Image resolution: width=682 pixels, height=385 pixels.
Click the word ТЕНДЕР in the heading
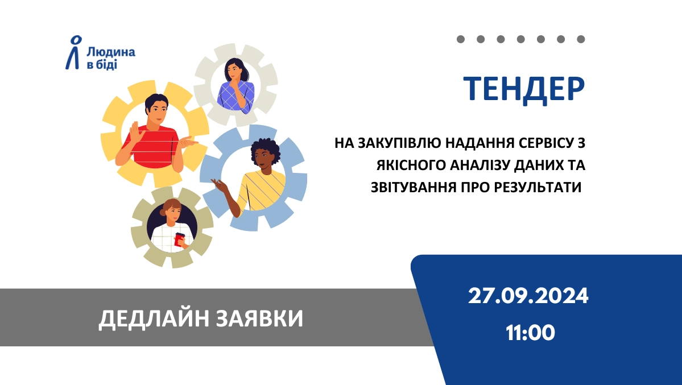[524, 90]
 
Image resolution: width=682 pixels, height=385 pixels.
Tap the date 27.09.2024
[528, 296]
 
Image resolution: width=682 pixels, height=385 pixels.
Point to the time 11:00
[530, 333]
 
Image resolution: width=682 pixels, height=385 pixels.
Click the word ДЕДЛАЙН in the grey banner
[154, 318]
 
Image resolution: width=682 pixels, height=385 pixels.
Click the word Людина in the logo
[111, 52]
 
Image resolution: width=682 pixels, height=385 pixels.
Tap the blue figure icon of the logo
[74, 53]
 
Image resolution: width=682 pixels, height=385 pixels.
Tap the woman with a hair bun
[173, 226]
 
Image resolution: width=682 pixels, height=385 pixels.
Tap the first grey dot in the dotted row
[461, 39]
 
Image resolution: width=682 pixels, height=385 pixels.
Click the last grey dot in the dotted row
[581, 39]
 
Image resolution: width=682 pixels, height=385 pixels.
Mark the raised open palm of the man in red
[136, 132]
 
